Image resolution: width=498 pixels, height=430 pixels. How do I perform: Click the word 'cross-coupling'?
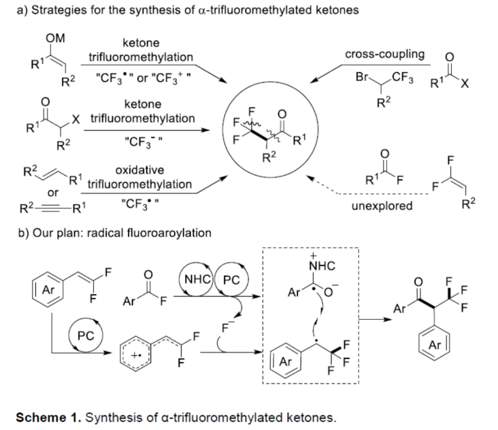(x=384, y=54)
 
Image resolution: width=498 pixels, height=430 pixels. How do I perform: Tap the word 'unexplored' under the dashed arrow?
(x=382, y=205)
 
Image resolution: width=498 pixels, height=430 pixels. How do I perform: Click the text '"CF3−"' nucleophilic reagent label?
(x=139, y=140)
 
